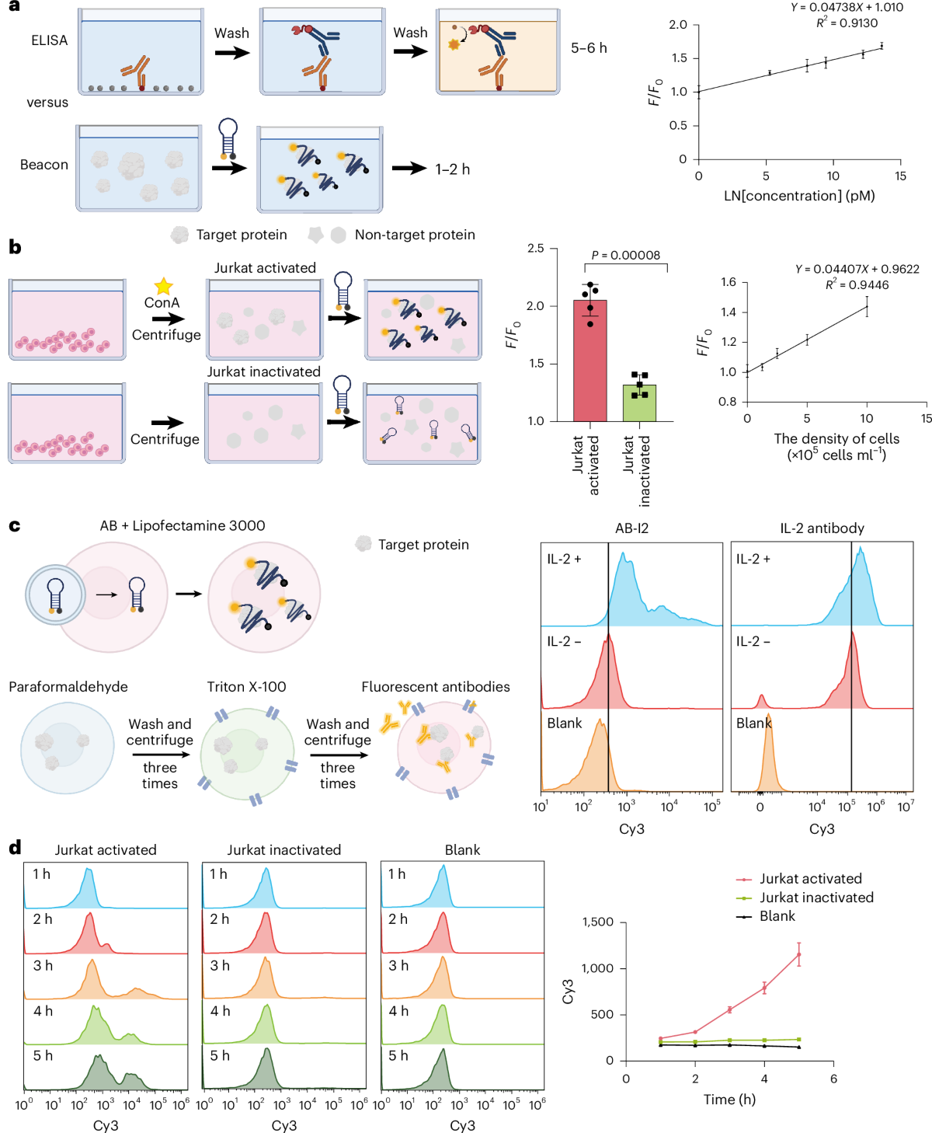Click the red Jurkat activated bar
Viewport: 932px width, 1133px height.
click(x=589, y=361)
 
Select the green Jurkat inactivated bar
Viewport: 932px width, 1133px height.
click(x=639, y=403)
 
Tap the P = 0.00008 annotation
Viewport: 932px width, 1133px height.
click(x=625, y=255)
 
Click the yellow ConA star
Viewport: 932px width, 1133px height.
click(x=163, y=287)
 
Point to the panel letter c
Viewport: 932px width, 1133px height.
click(x=14, y=526)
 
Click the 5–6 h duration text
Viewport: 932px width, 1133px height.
click(x=589, y=48)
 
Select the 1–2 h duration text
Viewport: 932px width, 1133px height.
click(x=452, y=169)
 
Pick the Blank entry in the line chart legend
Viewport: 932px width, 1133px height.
click(x=777, y=916)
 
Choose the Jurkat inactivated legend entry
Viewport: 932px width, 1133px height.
click(x=816, y=898)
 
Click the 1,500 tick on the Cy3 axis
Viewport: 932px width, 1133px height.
click(x=598, y=922)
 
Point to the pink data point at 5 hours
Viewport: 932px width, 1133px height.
click(x=798, y=954)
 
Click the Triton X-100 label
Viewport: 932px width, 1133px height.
click(x=246, y=687)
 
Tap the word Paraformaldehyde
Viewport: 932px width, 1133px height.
click(x=68, y=687)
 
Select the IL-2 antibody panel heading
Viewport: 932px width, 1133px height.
click(x=822, y=528)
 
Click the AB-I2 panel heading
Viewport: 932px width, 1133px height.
click(x=631, y=528)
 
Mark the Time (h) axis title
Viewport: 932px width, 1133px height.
click(x=729, y=1100)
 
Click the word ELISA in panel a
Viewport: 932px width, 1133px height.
click(x=50, y=40)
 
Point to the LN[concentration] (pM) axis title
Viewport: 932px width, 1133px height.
click(x=799, y=196)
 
